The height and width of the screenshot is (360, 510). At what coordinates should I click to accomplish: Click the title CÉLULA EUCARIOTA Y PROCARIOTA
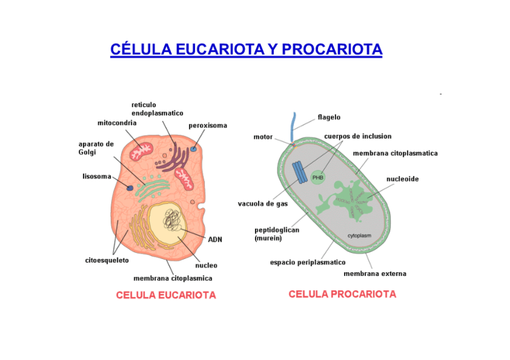click(246, 49)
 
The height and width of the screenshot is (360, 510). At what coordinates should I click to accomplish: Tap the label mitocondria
click(117, 123)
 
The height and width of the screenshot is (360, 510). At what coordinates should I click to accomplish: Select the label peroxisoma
click(208, 126)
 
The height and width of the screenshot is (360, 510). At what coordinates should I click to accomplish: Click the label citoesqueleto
click(106, 260)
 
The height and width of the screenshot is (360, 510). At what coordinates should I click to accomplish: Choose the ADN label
click(215, 239)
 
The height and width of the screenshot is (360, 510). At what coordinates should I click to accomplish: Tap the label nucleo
click(206, 265)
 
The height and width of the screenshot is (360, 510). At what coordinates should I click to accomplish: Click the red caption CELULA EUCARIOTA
click(166, 295)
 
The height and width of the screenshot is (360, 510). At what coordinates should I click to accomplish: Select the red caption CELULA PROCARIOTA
click(342, 294)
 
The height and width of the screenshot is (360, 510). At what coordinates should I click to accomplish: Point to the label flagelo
click(329, 117)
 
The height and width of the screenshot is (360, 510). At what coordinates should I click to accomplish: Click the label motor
click(263, 137)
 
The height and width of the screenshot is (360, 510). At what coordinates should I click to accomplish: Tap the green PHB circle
click(318, 177)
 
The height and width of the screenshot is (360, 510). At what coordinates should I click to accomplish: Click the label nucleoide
click(402, 179)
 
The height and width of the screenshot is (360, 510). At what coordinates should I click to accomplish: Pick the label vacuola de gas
click(263, 204)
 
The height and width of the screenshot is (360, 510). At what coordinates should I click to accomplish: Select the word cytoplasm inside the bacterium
click(361, 235)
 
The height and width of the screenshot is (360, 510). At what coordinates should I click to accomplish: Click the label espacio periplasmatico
click(307, 262)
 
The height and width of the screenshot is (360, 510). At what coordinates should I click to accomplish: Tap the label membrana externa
click(375, 273)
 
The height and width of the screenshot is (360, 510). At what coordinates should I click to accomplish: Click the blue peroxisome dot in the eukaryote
click(194, 148)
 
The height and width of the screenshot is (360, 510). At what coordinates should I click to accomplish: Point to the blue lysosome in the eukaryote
click(129, 188)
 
